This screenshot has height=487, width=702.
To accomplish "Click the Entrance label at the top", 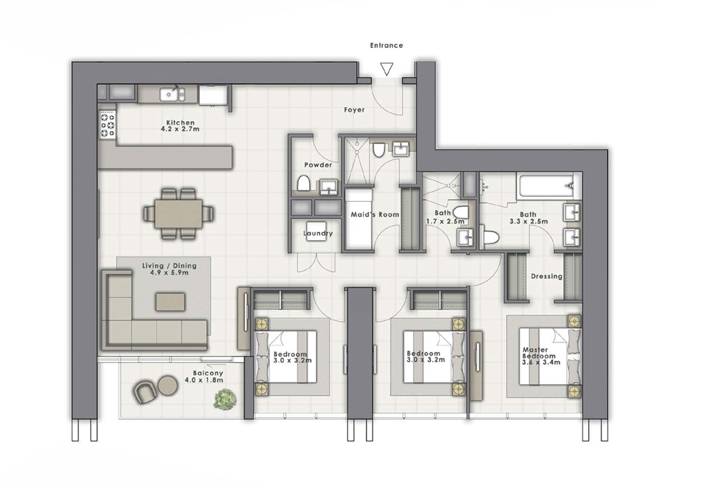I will tap(387, 46).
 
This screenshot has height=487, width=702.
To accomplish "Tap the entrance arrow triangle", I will tap(387, 69).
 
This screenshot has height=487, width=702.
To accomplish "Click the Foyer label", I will tap(354, 110).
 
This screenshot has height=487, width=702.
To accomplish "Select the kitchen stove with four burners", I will tap(108, 124).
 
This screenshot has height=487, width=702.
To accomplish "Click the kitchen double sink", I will tap(171, 94).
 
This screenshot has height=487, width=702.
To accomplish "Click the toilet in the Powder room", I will tap(304, 184).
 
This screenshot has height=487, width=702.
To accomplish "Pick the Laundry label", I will tap(318, 234).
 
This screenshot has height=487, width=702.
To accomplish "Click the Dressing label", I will tap(546, 276).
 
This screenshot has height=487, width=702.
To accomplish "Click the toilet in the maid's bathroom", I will tap(378, 150).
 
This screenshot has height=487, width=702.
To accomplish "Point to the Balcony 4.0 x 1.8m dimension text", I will tap(208, 378).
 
